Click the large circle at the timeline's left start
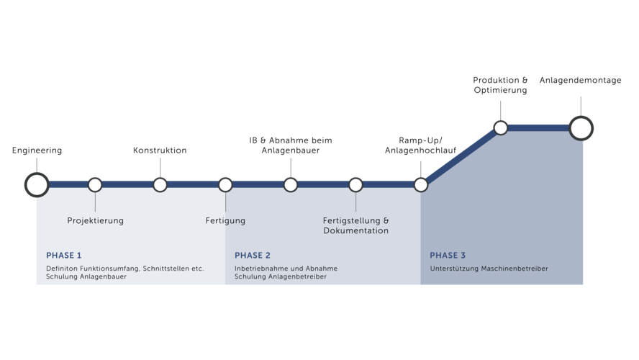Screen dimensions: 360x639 37,185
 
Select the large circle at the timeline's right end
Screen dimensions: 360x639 581,128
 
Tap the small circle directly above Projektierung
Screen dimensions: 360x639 95,185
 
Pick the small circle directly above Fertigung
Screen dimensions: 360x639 225,185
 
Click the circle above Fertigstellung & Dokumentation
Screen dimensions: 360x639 355,185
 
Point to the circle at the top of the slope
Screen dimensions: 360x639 501,128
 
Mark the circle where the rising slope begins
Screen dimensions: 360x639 421,185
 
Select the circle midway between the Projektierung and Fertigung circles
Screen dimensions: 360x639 160,185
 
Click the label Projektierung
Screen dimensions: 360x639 95,221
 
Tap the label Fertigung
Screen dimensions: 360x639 225,221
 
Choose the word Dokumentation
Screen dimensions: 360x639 355,231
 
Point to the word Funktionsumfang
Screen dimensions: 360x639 111,269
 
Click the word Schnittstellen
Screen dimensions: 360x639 167,269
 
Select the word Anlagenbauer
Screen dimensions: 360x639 103,276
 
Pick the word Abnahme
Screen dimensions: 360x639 322,269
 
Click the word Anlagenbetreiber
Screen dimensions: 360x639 297,276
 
